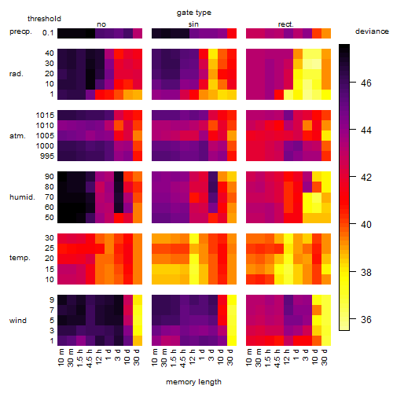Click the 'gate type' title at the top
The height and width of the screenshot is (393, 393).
click(194, 13)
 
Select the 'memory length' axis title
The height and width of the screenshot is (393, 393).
click(193, 382)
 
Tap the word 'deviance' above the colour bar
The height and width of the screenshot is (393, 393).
click(372, 31)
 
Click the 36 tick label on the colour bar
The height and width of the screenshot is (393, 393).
click(366, 319)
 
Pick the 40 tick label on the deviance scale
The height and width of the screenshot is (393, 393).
click(366, 225)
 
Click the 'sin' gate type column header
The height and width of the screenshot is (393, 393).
click(193, 24)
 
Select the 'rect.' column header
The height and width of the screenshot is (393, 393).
click(285, 24)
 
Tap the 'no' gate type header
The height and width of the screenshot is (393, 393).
click(101, 24)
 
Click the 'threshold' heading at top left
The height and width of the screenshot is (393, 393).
click(44, 19)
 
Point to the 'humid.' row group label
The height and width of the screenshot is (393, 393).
click(22, 197)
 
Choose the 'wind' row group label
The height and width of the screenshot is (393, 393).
click(18, 321)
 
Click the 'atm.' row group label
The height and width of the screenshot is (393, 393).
click(17, 136)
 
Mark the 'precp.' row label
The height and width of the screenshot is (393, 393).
click(20, 31)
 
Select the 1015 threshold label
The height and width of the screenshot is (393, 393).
click(45, 116)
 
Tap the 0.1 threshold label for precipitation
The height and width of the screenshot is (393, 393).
click(48, 33)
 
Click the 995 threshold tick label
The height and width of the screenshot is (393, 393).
click(47, 156)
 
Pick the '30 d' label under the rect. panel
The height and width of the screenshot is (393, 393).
click(325, 357)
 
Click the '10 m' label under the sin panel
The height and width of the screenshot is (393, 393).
click(155, 357)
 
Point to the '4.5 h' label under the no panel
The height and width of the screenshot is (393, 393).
click(89, 358)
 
